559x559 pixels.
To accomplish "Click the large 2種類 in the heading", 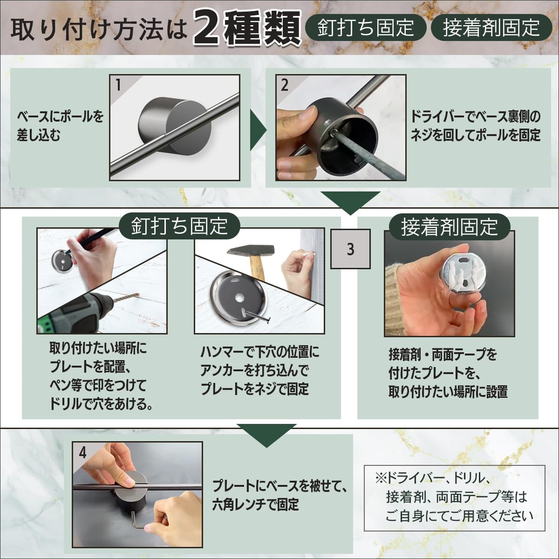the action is click(247, 28).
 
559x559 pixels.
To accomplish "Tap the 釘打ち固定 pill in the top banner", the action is click(366, 28).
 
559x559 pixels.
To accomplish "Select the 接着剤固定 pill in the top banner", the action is click(491, 28).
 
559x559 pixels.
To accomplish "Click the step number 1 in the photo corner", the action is click(118, 85).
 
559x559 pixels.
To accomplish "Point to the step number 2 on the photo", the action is click(284, 85).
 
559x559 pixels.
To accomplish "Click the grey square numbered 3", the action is click(350, 249).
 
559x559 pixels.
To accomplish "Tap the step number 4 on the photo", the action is click(82, 452).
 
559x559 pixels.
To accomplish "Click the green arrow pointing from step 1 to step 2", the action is click(258, 130).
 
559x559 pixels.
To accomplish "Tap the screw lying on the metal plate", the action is click(258, 315).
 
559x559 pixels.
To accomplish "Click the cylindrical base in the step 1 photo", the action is click(176, 127).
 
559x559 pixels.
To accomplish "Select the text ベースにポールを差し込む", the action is click(60, 126).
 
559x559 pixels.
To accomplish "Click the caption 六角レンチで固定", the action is click(255, 504).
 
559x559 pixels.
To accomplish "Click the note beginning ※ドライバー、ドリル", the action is click(454, 498).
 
